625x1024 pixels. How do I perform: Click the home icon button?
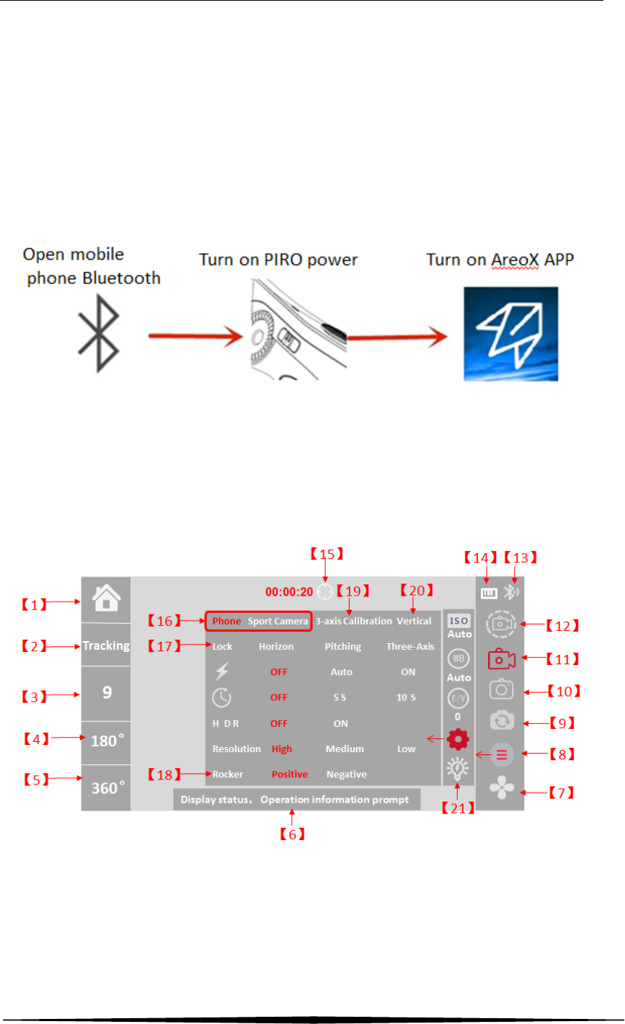[x=105, y=599]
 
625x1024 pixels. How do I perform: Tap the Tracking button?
[x=105, y=645]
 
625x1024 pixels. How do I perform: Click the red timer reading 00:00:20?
[x=289, y=592]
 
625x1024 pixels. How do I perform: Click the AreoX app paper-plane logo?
[x=511, y=333]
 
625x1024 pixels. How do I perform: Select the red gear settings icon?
[x=456, y=739]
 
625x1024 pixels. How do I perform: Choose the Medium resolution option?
[x=345, y=749]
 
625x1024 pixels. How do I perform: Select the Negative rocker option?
[x=347, y=774]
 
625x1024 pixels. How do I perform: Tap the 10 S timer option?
[x=409, y=697]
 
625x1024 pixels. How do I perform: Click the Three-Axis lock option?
[x=410, y=647]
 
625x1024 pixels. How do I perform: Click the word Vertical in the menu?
[x=414, y=621]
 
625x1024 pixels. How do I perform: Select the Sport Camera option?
[x=278, y=621]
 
